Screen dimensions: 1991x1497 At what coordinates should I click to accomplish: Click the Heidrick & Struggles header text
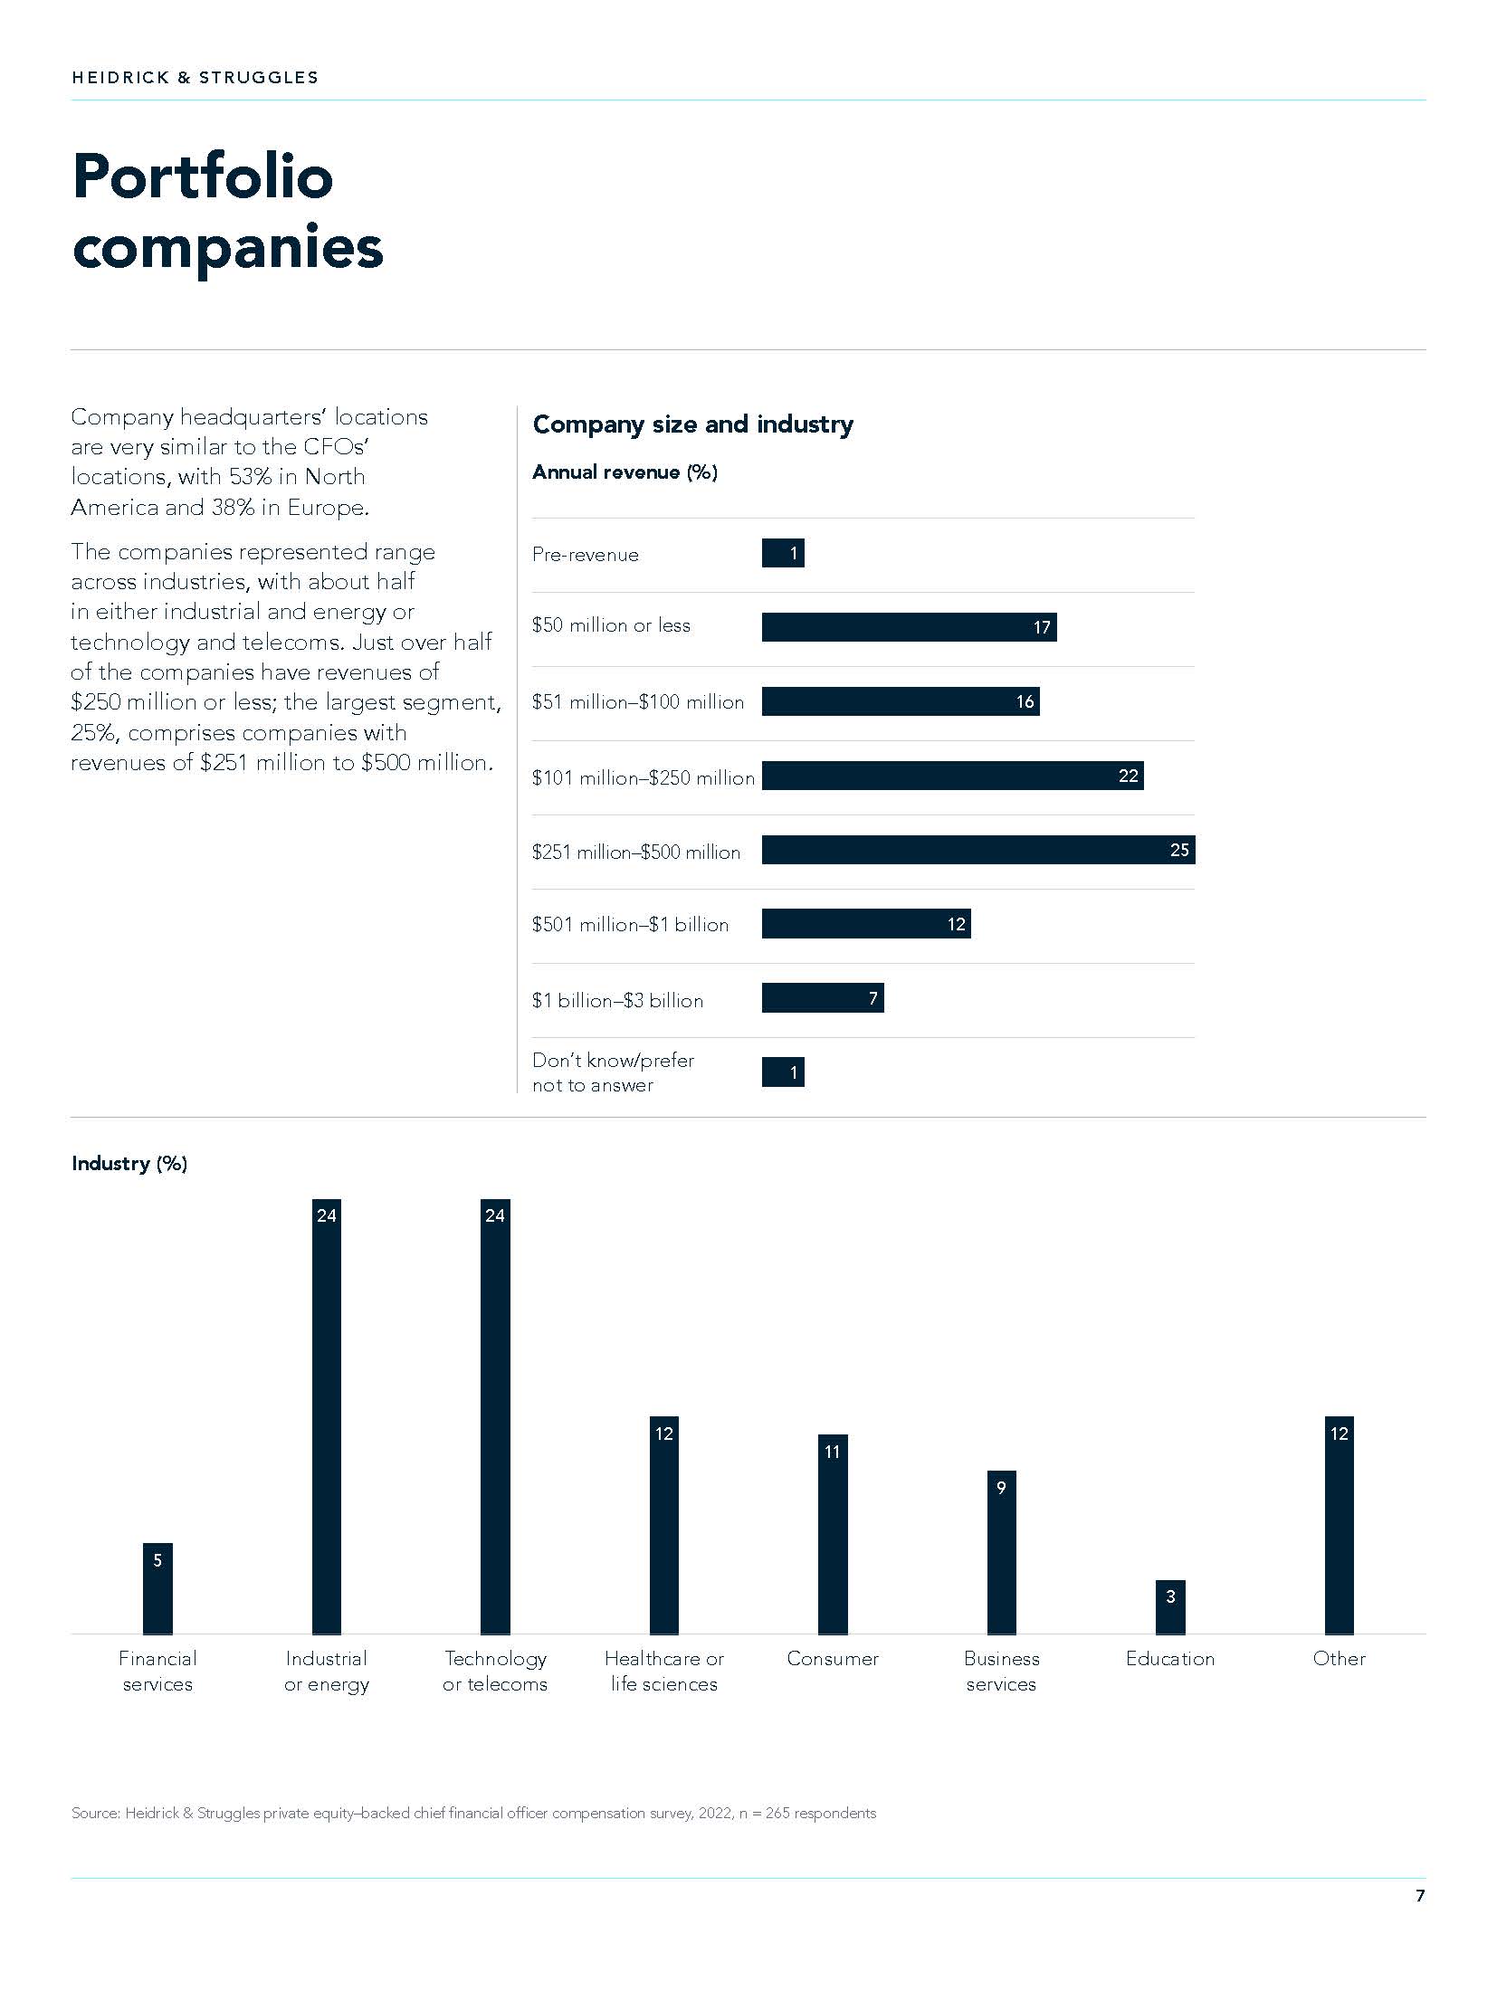point(195,78)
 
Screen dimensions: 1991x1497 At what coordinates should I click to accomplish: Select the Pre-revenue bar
point(783,553)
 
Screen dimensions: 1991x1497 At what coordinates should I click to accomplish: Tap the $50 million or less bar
point(909,627)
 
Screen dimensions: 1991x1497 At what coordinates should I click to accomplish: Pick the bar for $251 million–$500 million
point(977,850)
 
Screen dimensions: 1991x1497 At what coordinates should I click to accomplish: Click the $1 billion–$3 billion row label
point(617,1000)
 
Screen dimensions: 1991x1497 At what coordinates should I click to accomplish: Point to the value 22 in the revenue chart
point(1128,776)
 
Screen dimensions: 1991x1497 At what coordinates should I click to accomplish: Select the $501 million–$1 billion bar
point(865,924)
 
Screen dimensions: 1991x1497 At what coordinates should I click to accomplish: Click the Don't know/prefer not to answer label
point(613,1072)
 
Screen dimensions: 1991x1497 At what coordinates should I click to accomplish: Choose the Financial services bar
point(157,1588)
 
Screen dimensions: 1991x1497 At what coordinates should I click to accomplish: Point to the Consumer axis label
point(833,1659)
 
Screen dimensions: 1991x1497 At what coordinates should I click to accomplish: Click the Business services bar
point(1001,1552)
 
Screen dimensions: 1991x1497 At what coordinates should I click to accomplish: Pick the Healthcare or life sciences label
point(664,1671)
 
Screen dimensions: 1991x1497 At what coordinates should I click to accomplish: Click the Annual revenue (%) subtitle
point(625,472)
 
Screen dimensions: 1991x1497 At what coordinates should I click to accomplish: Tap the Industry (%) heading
point(129,1164)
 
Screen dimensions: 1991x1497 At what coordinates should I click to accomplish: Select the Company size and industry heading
point(692,424)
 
